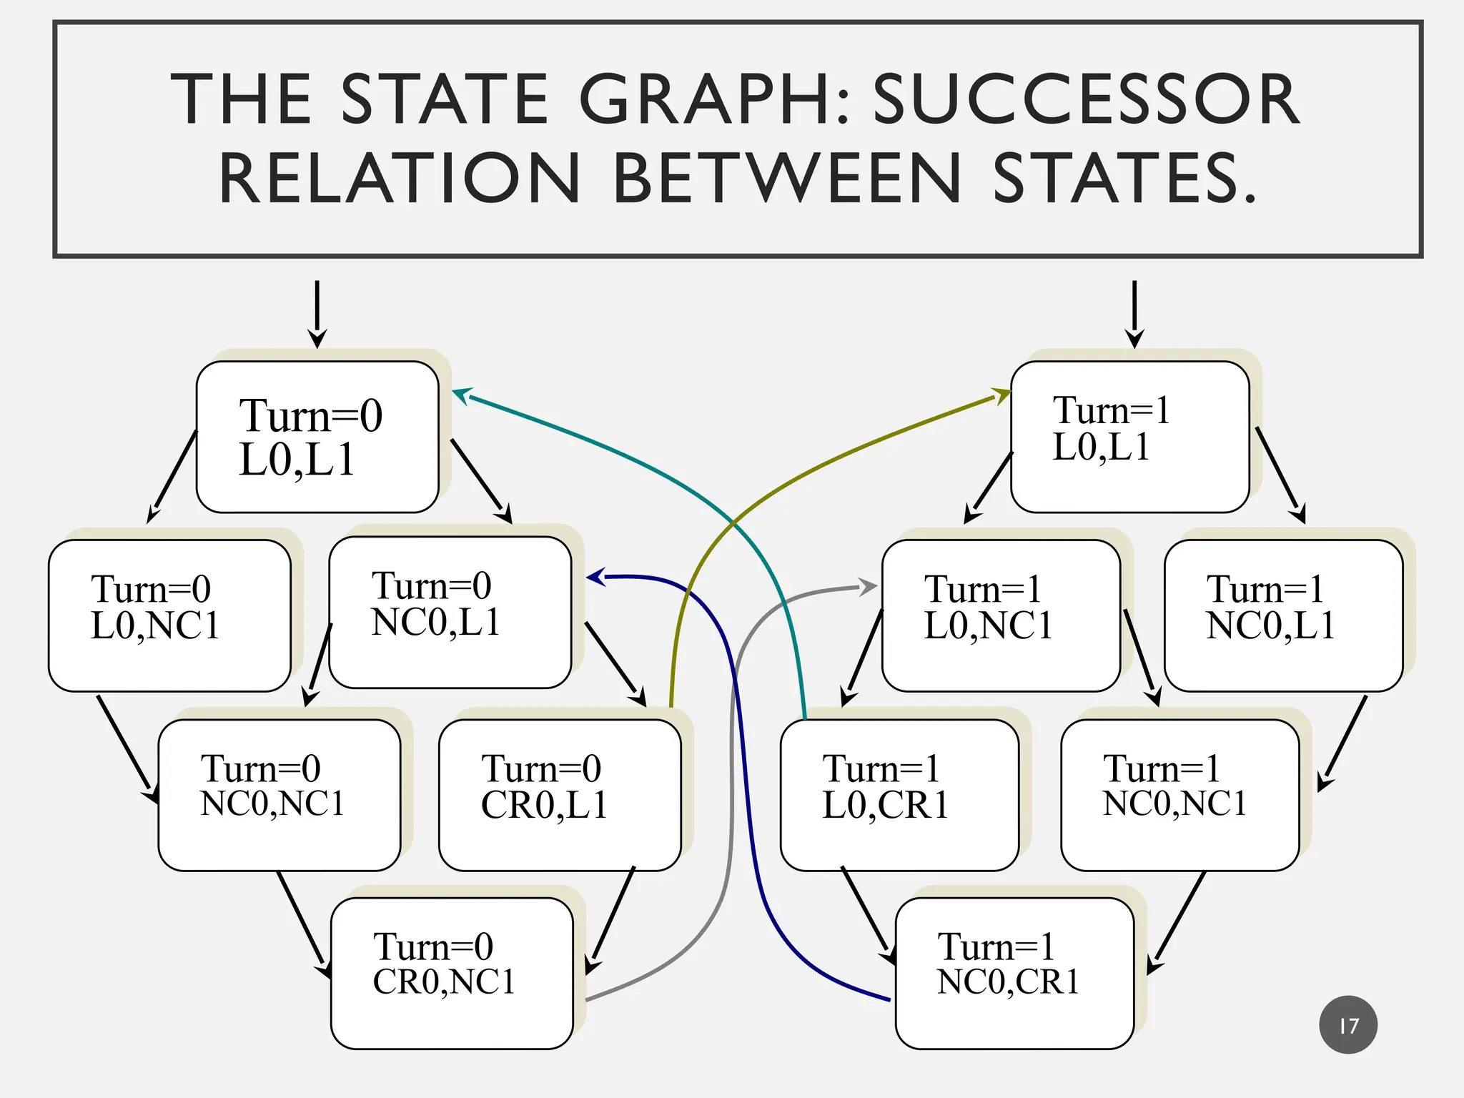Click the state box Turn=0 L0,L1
(x=317, y=437)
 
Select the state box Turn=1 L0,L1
(x=1129, y=437)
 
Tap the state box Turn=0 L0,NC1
(x=169, y=615)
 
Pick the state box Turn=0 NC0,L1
(x=450, y=613)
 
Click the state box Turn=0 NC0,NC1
(x=279, y=795)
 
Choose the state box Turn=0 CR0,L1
(x=560, y=795)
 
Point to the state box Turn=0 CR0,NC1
(x=452, y=973)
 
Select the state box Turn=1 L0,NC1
(x=1001, y=615)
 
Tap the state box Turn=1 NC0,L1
(x=1283, y=615)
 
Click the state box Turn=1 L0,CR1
(x=899, y=795)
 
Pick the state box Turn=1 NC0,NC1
(x=1179, y=795)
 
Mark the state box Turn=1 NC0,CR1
(x=1014, y=973)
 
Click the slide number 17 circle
(x=1348, y=1025)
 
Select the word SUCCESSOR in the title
(x=1086, y=99)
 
